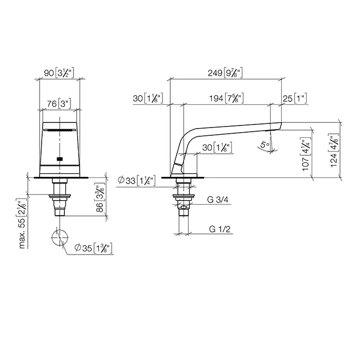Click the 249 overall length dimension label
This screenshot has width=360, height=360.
pos(225,73)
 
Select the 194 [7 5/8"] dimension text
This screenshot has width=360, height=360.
pos(226,98)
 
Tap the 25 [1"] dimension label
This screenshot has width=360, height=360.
pos(295,99)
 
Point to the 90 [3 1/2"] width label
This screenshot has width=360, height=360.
pos(59,73)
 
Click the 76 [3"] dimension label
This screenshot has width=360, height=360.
pos(59,104)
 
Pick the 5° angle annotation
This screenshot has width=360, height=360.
pos(265,145)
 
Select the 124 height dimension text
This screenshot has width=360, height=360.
pos(334,150)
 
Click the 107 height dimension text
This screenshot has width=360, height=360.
pos(306,154)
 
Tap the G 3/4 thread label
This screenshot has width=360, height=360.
pos(218,200)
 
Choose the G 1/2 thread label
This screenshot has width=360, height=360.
pos(220,229)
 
